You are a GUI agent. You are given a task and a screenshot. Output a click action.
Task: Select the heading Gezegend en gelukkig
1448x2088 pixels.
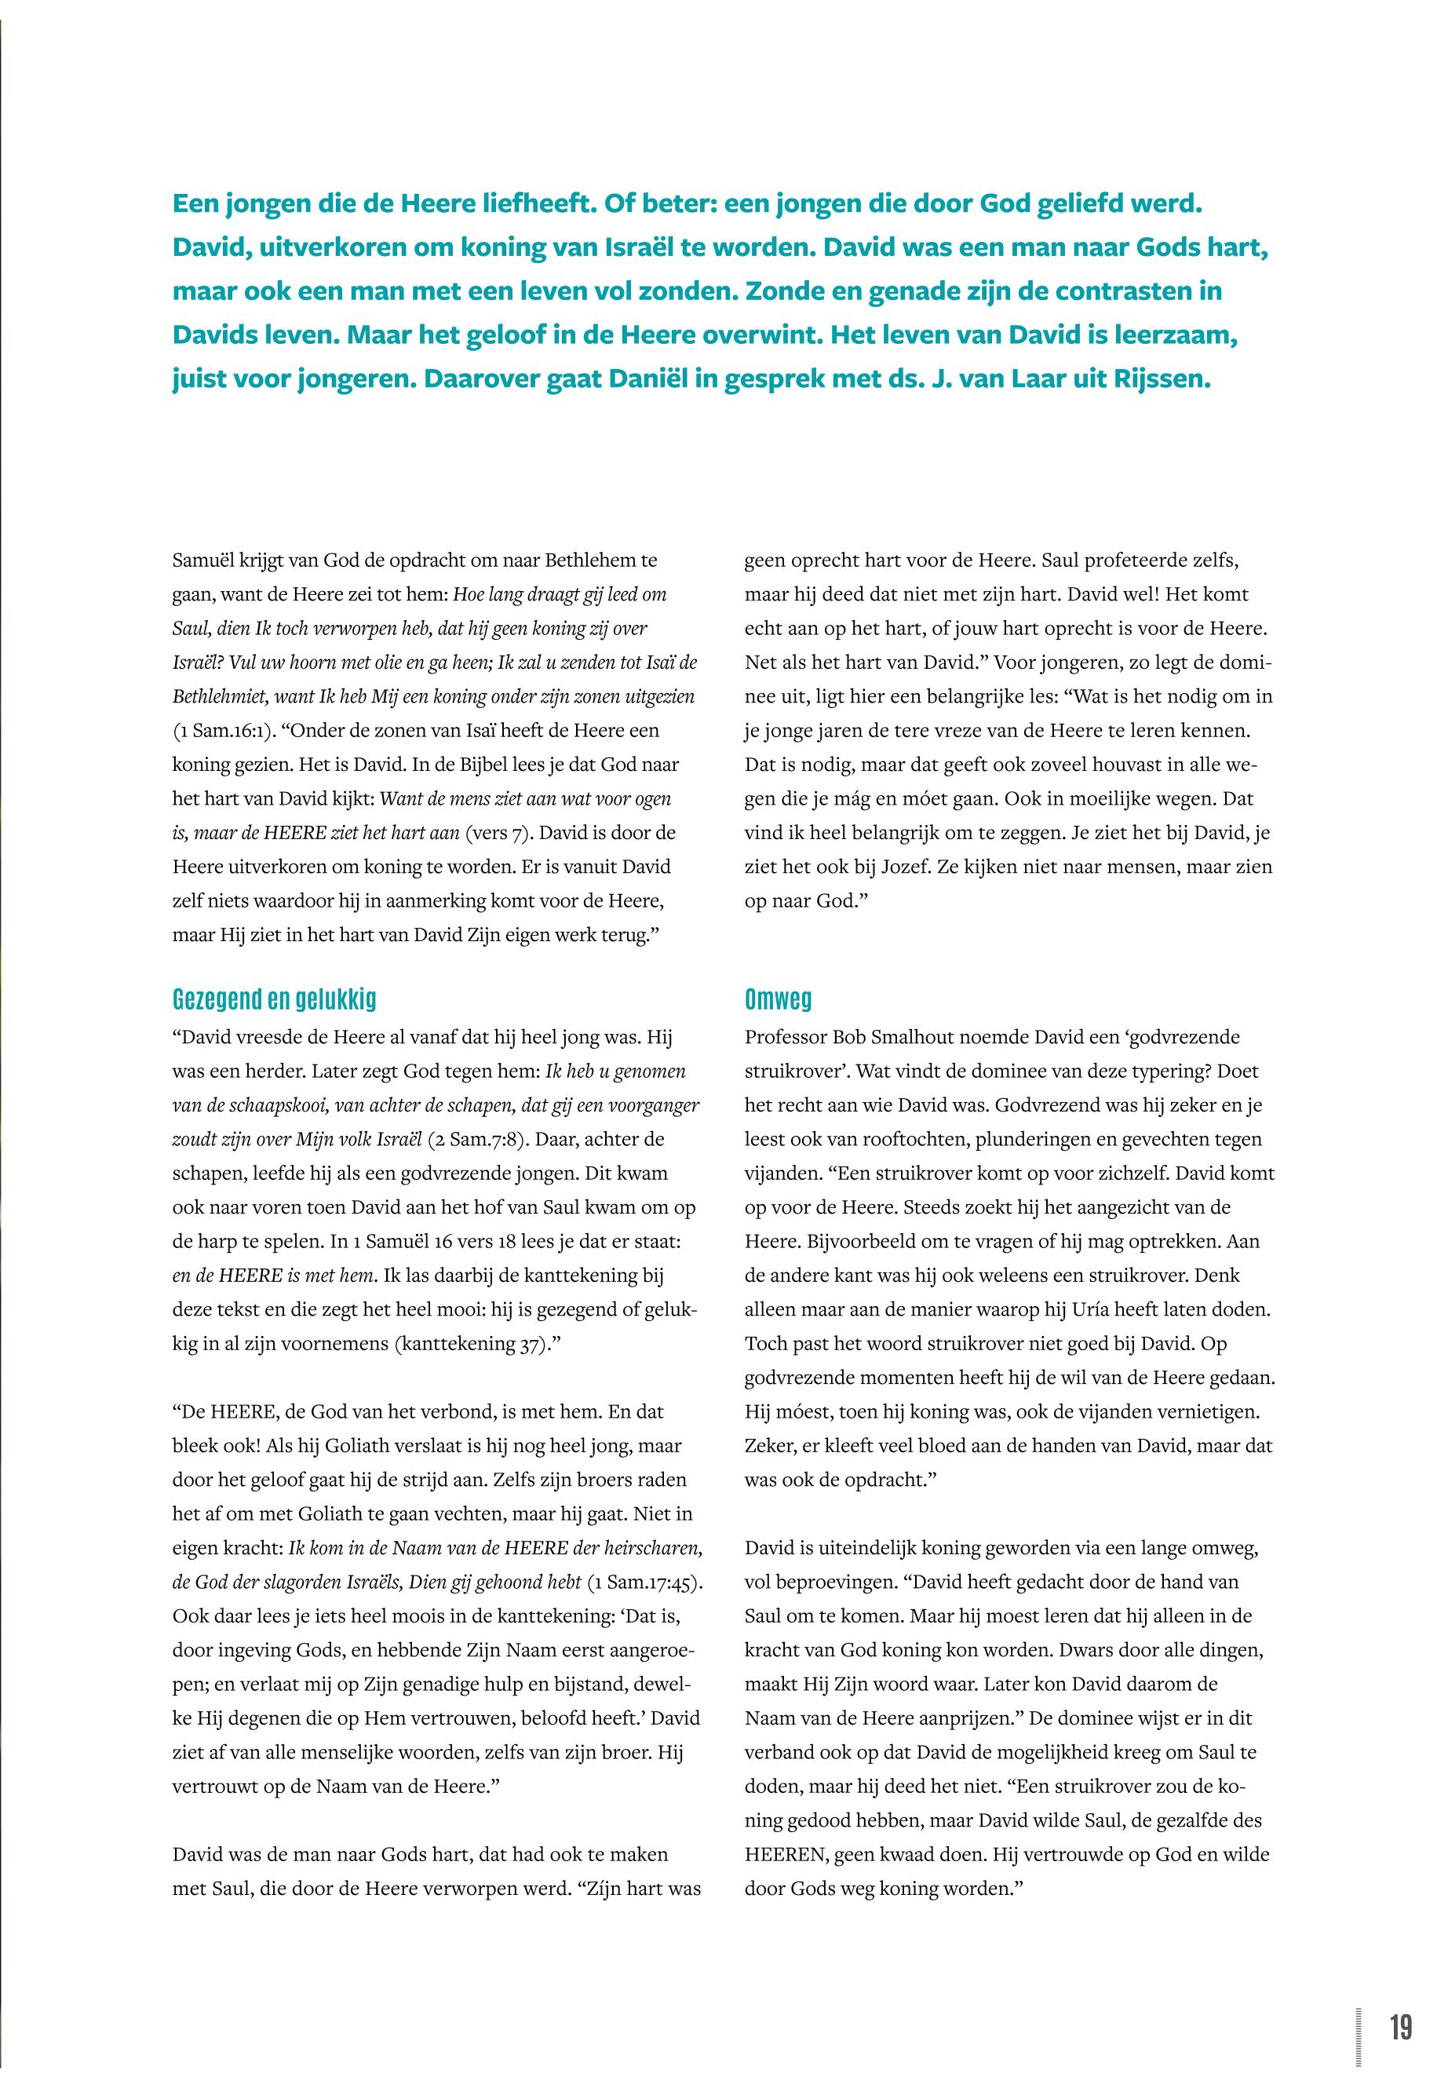pos(274,999)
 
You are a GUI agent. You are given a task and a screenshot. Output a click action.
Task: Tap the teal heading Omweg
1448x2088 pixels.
pos(778,999)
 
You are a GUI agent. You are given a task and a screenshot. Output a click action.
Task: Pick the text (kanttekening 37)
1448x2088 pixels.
pos(471,1343)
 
